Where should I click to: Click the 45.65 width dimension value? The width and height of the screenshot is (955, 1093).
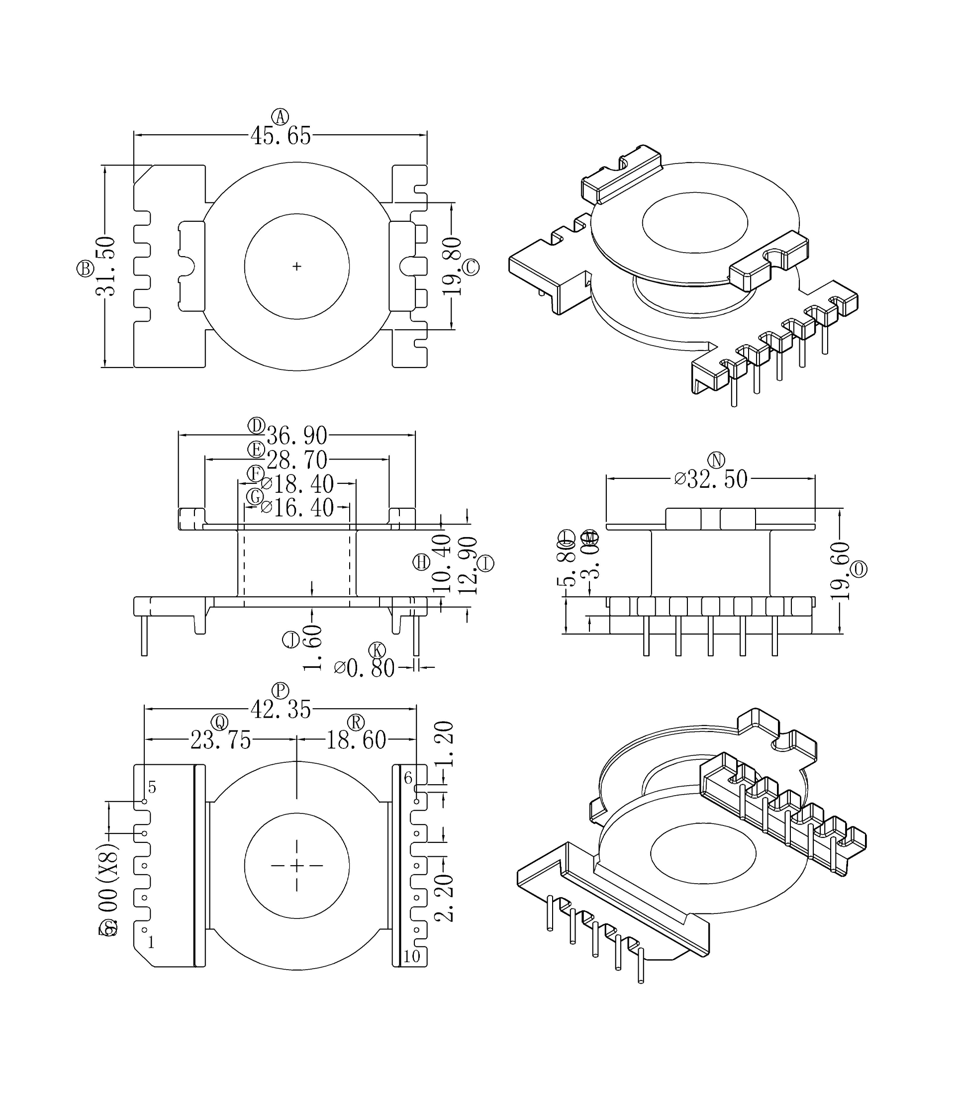[281, 136]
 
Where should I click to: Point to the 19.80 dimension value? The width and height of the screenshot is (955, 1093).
[452, 267]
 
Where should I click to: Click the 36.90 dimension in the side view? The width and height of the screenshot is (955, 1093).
[297, 436]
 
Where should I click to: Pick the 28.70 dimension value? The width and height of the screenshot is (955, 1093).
[297, 459]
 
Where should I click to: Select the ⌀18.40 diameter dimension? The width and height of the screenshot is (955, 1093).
[297, 484]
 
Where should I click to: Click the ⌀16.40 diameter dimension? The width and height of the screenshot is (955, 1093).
[297, 508]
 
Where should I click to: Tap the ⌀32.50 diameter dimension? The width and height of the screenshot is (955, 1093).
[711, 479]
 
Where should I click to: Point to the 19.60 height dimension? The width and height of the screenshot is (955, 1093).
[840, 571]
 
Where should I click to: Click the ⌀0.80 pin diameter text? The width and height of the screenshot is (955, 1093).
[365, 668]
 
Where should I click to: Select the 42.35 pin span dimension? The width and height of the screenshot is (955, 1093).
[281, 710]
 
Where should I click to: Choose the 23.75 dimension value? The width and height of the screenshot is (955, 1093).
[221, 740]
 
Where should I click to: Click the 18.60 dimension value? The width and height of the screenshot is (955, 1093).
[356, 740]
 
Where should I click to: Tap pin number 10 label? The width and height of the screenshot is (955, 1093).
[411, 956]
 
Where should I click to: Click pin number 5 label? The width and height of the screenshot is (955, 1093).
[152, 787]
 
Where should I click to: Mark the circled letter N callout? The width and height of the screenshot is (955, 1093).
[716, 460]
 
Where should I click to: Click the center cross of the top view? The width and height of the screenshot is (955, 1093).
[297, 267]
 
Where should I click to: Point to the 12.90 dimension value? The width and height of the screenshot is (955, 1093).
[468, 566]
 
